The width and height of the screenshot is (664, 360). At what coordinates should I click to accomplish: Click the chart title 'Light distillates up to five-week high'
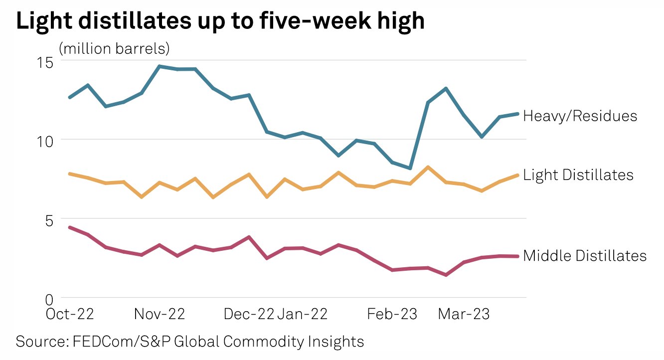click(220, 21)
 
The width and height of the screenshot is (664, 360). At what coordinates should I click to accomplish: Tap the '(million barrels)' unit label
click(114, 48)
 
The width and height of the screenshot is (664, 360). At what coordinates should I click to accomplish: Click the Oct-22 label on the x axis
click(69, 314)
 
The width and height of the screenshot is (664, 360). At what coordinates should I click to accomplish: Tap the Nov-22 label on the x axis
click(160, 314)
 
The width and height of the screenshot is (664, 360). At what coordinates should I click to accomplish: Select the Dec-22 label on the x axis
click(249, 314)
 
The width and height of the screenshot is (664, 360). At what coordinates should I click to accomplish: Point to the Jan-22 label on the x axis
click(303, 314)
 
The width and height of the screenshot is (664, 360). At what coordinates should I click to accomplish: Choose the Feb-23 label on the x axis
click(392, 314)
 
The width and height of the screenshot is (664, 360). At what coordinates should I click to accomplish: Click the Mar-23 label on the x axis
click(464, 314)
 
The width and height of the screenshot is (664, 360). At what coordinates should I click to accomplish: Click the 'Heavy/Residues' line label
click(580, 116)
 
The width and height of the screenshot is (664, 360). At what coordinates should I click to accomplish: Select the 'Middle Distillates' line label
click(585, 256)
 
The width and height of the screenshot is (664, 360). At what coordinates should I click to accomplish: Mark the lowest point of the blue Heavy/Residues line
click(410, 168)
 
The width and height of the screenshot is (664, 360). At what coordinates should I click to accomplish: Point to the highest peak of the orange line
click(428, 167)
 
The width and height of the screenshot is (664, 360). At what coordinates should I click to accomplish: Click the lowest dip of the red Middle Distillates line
click(445, 275)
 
